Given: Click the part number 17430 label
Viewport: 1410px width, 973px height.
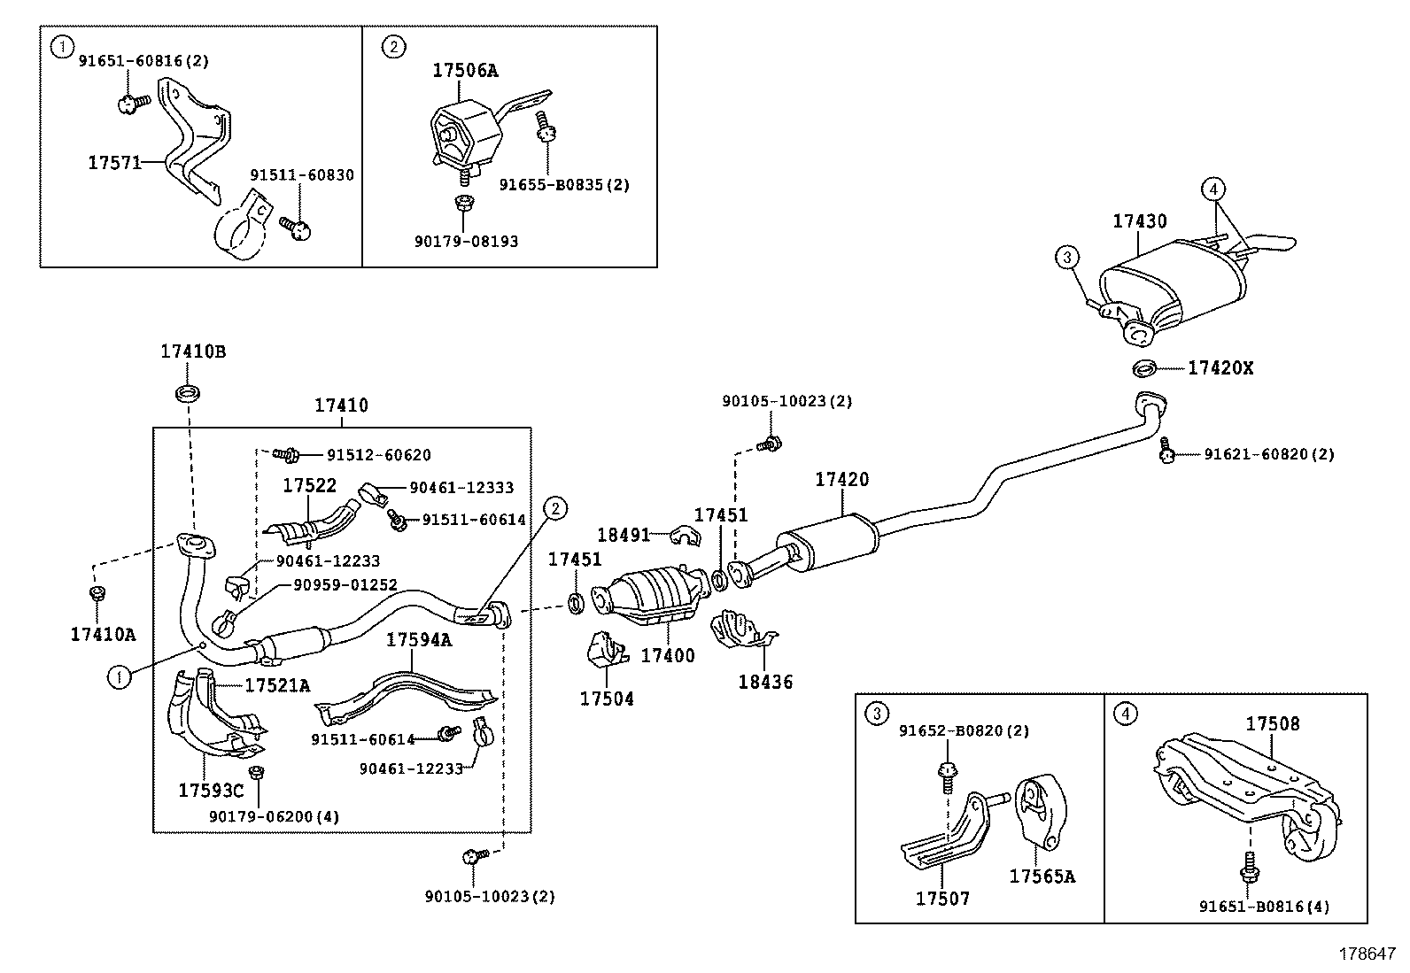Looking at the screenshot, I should click(1140, 221).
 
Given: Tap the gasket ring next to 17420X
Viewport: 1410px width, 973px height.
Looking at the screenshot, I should click(1145, 367).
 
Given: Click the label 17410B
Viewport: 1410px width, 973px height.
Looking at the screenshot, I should click(193, 351).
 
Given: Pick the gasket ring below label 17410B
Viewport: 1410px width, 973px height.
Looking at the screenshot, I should click(188, 391).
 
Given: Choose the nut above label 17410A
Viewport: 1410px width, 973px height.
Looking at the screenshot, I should click(96, 592).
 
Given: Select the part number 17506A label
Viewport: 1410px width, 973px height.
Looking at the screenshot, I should click(465, 71).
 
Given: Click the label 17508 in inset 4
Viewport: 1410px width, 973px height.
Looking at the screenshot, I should click(1273, 723).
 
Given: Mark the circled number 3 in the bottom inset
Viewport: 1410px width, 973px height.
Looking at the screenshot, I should click(876, 714).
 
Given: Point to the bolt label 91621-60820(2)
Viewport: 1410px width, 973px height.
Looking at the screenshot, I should click(1268, 454).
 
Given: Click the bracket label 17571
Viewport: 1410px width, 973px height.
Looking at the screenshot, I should click(114, 163).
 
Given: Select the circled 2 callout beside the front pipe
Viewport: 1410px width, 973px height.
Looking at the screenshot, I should click(555, 508).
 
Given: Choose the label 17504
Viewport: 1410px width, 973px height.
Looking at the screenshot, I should click(607, 699).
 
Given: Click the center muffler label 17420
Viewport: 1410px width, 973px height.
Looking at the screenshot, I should click(842, 480).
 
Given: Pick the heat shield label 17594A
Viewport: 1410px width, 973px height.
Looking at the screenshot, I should click(418, 640).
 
